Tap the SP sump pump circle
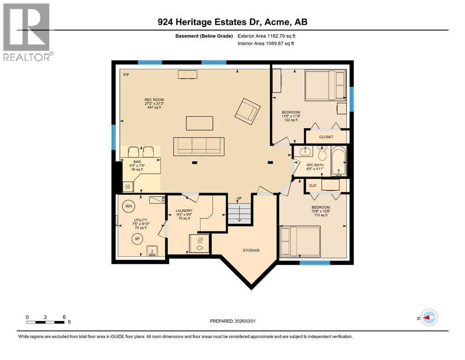pos(138,238)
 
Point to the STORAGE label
pos(251,250)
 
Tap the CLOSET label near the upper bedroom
pos(326,137)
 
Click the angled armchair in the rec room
pos(247,110)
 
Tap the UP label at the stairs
pos(239,199)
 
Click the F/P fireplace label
pos(126,75)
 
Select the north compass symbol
pos(428,317)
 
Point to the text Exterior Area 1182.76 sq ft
pos(266,36)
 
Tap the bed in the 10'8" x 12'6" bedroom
pos(300,241)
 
